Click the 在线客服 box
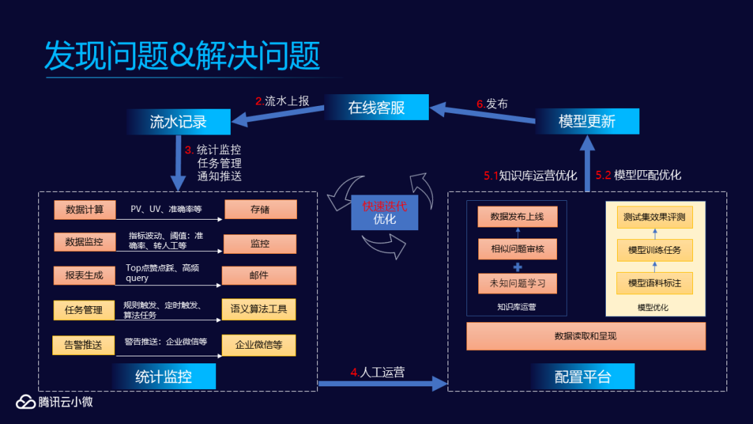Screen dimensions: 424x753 (376, 107)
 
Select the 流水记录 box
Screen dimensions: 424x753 (178, 122)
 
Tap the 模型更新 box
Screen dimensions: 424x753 (587, 121)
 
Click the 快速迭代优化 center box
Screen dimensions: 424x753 (384, 213)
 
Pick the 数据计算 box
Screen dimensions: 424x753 (84, 209)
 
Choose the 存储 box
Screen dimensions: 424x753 (260, 209)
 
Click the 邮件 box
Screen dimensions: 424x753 (259, 275)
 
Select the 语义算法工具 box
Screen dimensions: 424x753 (259, 310)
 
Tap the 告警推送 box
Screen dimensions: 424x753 (84, 344)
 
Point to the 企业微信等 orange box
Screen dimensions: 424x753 (259, 344)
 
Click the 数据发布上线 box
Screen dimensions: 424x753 (517, 217)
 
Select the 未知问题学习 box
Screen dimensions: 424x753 (517, 283)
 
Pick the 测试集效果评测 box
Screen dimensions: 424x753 (655, 217)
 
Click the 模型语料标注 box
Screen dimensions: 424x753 (655, 283)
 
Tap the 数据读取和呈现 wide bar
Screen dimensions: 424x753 (586, 336)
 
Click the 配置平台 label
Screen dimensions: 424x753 (583, 377)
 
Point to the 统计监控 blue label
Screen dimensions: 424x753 (163, 377)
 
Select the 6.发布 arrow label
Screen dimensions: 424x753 (492, 104)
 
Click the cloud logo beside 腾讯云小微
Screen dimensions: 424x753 (26, 402)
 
